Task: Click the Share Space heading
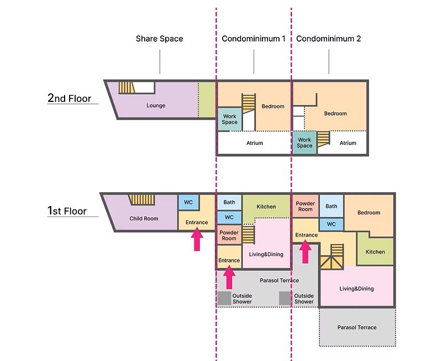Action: tap(159, 39)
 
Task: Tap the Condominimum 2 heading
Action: tap(328, 39)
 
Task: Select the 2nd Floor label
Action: tap(70, 98)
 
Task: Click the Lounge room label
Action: tap(156, 105)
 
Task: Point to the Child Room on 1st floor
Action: tap(144, 218)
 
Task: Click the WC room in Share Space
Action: tap(188, 202)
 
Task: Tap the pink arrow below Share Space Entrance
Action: tap(197, 240)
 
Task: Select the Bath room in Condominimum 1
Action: tap(229, 202)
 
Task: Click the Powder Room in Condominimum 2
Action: tap(306, 206)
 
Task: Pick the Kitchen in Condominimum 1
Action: tap(266, 207)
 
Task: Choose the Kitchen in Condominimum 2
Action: tap(375, 251)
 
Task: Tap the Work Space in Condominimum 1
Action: tap(230, 119)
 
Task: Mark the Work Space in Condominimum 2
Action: tap(304, 143)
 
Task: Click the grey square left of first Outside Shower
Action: tap(224, 298)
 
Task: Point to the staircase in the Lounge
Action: tap(127, 87)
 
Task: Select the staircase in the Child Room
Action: tap(142, 200)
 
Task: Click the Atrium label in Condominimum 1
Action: tap(255, 143)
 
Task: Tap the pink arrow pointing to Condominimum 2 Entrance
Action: tap(305, 251)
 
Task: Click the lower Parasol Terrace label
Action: tap(357, 327)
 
